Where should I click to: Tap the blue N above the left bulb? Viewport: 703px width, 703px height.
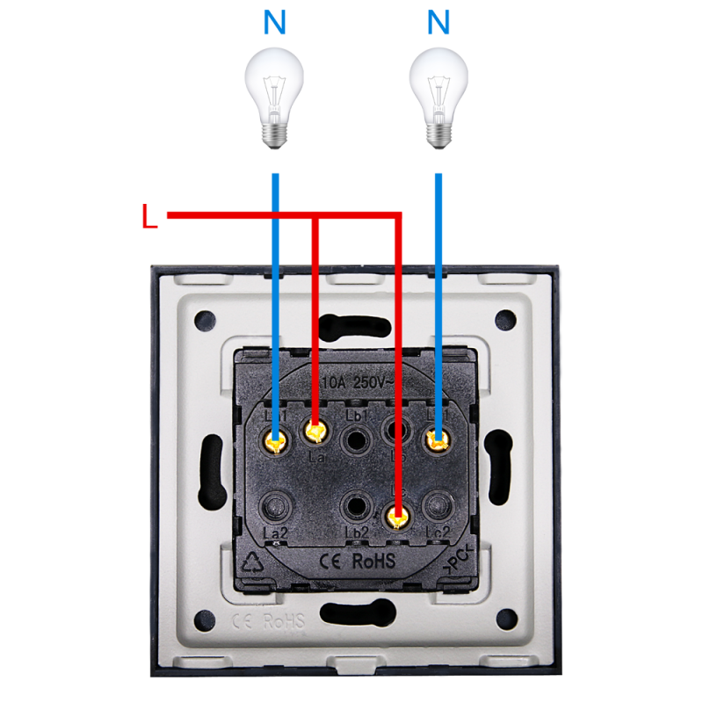274,23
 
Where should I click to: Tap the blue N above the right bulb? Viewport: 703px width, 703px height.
438,23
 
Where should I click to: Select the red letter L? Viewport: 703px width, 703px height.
149,217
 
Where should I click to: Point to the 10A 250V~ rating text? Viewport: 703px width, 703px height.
356,384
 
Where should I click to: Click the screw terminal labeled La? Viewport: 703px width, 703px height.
315,432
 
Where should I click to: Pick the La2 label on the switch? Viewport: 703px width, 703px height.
275,533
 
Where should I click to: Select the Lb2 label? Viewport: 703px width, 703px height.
357,533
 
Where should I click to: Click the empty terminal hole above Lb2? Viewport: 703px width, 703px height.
357,506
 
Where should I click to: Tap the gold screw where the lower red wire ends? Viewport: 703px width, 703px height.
399,518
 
